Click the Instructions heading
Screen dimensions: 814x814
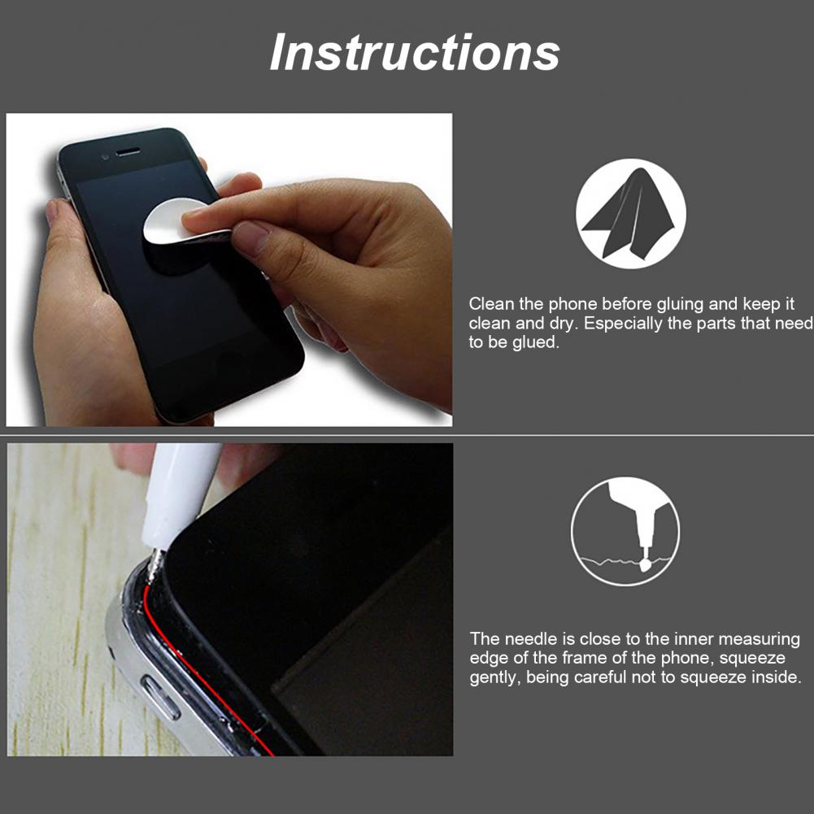point(415,52)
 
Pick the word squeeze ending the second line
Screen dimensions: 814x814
point(752,659)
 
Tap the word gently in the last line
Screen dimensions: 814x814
point(494,678)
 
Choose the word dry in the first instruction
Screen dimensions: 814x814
point(564,324)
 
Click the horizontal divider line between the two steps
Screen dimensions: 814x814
point(407,435)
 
